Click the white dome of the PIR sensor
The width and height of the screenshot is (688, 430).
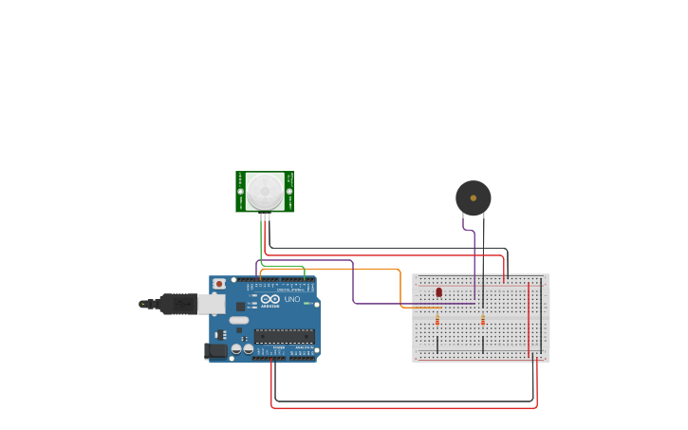click(x=265, y=191)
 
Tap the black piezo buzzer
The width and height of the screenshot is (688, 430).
click(x=473, y=198)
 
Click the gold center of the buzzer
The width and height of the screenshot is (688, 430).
click(x=473, y=198)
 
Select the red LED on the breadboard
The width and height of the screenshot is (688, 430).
click(x=438, y=291)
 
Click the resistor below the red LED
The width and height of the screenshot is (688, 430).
click(x=437, y=321)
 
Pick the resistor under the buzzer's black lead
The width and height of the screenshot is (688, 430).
click(x=483, y=321)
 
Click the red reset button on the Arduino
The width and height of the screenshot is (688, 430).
click(x=219, y=283)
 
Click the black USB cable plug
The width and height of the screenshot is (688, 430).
click(x=177, y=304)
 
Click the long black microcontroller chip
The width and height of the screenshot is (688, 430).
click(x=285, y=336)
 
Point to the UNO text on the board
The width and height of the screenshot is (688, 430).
click(x=292, y=299)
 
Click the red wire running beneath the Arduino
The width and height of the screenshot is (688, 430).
click(x=399, y=408)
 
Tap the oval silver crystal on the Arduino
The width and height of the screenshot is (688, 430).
click(x=238, y=320)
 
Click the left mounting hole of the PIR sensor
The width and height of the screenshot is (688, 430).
click(x=241, y=192)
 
